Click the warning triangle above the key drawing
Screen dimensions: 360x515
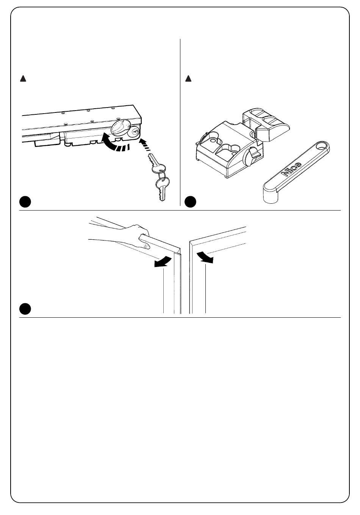(x=23, y=79)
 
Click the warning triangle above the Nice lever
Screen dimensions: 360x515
(x=188, y=79)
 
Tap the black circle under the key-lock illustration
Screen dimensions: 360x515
(x=25, y=201)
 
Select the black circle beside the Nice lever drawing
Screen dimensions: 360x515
(x=191, y=201)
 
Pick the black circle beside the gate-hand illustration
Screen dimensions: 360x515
(x=25, y=309)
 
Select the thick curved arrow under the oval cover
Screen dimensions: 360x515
(x=114, y=144)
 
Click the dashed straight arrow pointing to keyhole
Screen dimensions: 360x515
(x=145, y=145)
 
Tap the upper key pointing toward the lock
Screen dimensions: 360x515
(x=157, y=163)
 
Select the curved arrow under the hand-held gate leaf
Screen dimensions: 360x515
(x=163, y=262)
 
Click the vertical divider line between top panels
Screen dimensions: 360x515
(x=180, y=122)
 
